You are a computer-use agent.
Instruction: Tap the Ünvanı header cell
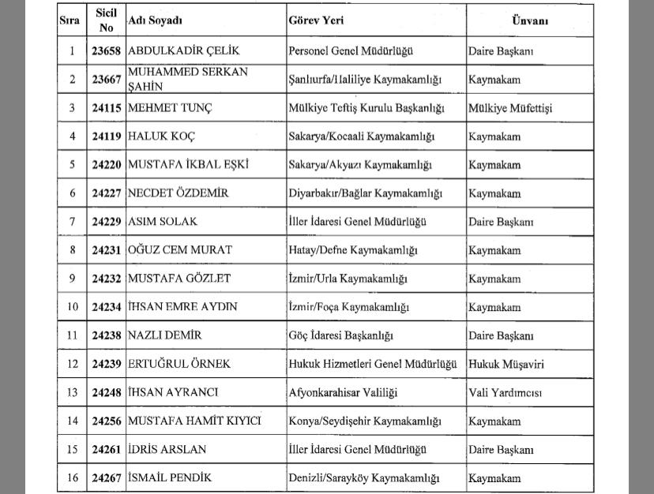click(x=528, y=21)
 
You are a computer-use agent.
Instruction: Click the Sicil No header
click(x=107, y=21)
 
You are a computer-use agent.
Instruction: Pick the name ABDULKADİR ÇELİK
click(x=183, y=51)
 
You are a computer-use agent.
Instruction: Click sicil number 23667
click(x=107, y=80)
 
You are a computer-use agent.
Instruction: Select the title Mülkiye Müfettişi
click(x=510, y=108)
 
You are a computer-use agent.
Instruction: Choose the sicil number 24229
click(x=107, y=222)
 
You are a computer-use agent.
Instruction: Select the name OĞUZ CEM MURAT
click(x=180, y=250)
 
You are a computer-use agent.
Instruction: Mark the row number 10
click(x=73, y=307)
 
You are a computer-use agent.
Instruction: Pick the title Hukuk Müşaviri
click(x=506, y=365)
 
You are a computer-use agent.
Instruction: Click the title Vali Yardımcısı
click(x=506, y=393)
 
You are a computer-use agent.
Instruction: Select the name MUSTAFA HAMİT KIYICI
click(x=194, y=421)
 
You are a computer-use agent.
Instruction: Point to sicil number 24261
click(x=107, y=450)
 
